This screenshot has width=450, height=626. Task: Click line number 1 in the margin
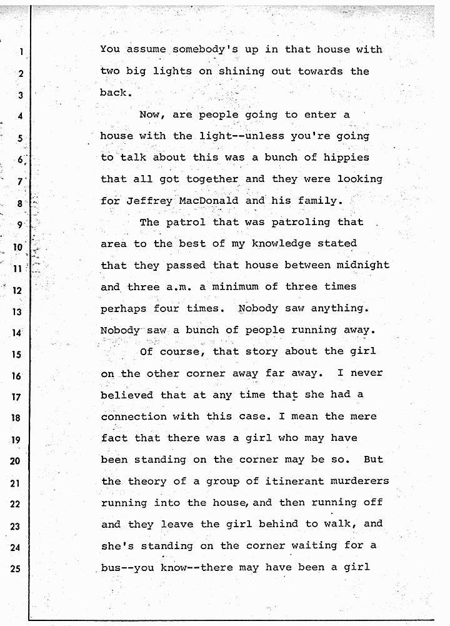click(x=21, y=52)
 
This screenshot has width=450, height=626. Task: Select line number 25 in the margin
click(x=18, y=571)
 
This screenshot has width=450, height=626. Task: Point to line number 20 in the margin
click(x=18, y=462)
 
